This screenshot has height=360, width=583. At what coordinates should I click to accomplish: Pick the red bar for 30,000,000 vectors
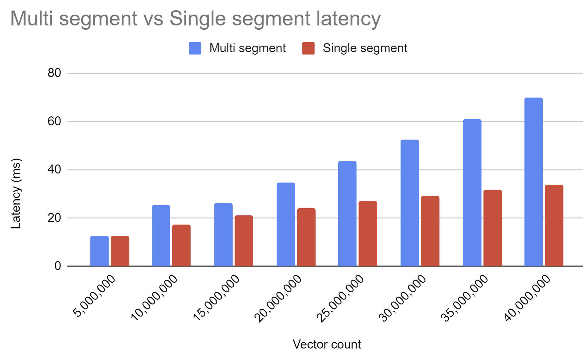[430, 231]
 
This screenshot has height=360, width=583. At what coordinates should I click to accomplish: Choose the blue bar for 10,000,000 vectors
[161, 236]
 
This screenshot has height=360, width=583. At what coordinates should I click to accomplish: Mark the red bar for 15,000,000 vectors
[244, 241]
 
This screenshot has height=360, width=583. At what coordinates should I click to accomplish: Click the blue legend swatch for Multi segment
[195, 48]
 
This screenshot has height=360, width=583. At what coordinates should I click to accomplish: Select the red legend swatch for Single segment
[308, 48]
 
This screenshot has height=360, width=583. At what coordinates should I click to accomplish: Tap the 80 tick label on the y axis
[54, 73]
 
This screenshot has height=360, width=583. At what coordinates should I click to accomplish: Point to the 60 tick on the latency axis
[54, 121]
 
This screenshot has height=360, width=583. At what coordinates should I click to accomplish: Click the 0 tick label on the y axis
[58, 266]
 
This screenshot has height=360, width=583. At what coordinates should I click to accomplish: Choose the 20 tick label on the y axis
[54, 218]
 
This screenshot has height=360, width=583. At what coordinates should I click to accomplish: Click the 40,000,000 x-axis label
[527, 298]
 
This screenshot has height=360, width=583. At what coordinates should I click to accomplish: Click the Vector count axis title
[326, 344]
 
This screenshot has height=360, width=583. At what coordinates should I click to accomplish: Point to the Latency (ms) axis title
[16, 194]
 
